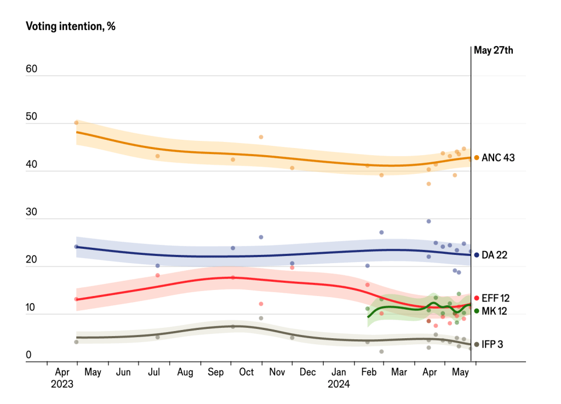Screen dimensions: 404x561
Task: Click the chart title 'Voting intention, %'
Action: [x=70, y=26]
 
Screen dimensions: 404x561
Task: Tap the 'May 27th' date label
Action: [x=494, y=50]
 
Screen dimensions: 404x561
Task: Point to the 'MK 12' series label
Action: [x=494, y=311]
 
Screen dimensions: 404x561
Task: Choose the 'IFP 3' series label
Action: [x=493, y=344]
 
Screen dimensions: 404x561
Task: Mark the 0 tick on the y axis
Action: [x=28, y=355]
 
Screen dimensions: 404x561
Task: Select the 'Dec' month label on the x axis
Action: [x=308, y=373]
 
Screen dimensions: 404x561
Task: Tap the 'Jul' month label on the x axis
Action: [x=154, y=373]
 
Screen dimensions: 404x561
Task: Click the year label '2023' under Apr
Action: [x=62, y=384]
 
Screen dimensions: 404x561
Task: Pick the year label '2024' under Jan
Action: [x=339, y=384]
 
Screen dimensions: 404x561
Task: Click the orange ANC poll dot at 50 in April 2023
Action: [x=77, y=123]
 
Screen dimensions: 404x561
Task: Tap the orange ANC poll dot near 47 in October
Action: [x=261, y=137]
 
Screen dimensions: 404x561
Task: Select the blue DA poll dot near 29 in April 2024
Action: [x=429, y=221]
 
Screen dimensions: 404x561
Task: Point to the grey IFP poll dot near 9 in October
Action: [x=261, y=318]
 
